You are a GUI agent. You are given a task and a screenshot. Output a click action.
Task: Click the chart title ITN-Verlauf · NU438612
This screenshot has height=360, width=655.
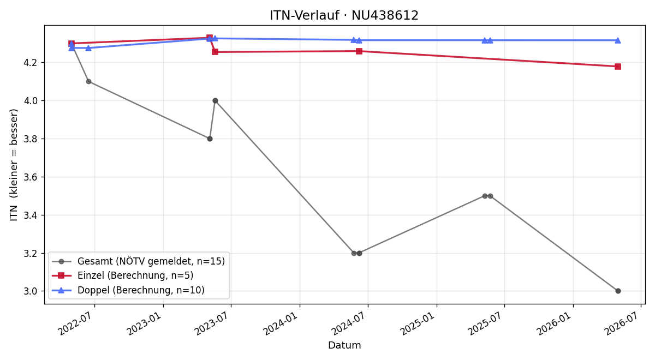(x=344, y=15)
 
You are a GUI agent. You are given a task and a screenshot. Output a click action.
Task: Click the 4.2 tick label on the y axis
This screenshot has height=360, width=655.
(x=32, y=63)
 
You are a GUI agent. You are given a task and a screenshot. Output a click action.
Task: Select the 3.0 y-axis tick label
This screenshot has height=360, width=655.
(x=32, y=291)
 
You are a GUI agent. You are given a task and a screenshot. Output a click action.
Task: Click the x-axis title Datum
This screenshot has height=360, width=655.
(x=344, y=345)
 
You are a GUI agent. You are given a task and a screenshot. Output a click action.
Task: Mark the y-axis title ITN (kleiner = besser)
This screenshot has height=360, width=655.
(x=14, y=165)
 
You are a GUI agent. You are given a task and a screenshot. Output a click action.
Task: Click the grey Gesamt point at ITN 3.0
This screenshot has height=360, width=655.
(x=618, y=291)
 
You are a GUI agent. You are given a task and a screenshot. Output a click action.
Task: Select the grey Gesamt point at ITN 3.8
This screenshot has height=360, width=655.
(x=210, y=139)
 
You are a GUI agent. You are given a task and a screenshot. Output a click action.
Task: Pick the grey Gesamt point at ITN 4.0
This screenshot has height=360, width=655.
(x=215, y=101)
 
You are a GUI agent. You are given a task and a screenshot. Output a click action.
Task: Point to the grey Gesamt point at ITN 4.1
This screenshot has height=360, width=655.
(x=88, y=81)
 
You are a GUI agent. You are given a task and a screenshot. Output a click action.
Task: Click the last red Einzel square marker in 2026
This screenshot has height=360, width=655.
(x=617, y=67)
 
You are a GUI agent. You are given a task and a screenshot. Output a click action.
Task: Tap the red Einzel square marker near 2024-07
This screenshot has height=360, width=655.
(x=359, y=51)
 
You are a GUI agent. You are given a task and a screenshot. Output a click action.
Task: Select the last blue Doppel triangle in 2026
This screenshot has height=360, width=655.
(x=617, y=40)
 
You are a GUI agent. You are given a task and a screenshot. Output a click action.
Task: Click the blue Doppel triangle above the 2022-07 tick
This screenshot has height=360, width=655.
(x=88, y=48)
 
